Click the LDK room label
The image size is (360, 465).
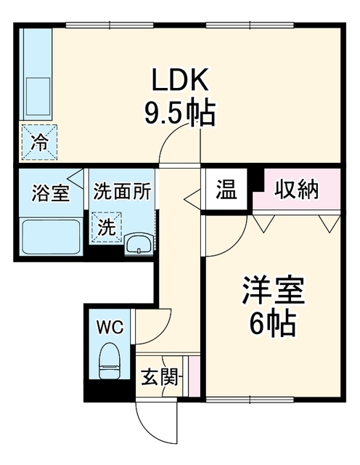[180, 79]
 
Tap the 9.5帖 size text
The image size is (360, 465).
[179, 113]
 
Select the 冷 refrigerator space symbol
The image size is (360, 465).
[39, 142]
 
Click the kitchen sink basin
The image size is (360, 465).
[38, 97]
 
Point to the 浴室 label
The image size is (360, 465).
[50, 193]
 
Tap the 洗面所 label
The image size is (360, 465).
[122, 192]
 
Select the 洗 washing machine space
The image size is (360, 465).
[107, 227]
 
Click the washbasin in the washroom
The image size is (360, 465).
[139, 244]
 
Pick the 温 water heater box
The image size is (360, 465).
[226, 190]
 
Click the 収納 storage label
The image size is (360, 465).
[296, 189]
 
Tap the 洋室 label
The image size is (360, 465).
[273, 291]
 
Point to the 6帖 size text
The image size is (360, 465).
[272, 323]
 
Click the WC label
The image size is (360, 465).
[110, 328]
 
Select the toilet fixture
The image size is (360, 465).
[110, 361]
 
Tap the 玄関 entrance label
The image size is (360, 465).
[160, 376]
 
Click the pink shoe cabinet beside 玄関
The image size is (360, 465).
[194, 376]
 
